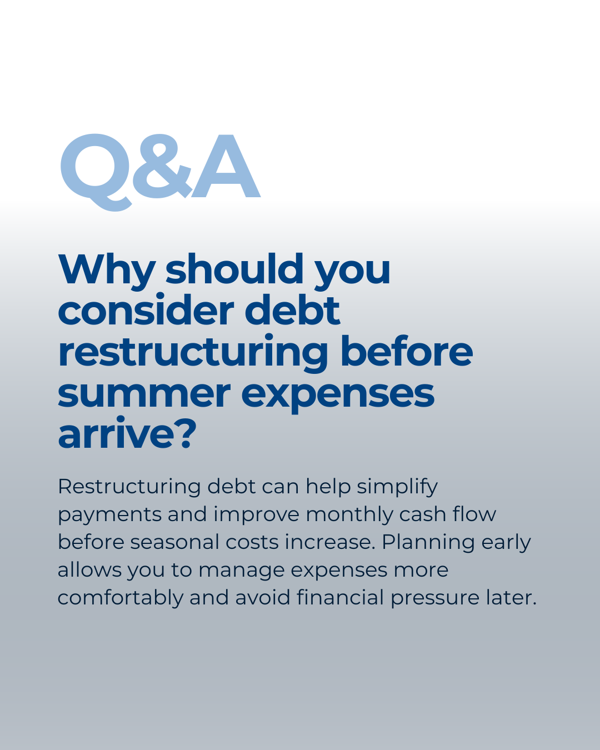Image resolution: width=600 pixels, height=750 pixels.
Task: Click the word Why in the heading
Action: [106, 271]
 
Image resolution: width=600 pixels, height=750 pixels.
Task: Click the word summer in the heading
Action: [144, 394]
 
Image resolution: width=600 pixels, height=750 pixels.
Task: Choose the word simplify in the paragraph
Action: [397, 487]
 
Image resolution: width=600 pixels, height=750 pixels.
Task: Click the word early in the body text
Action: [506, 543]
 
